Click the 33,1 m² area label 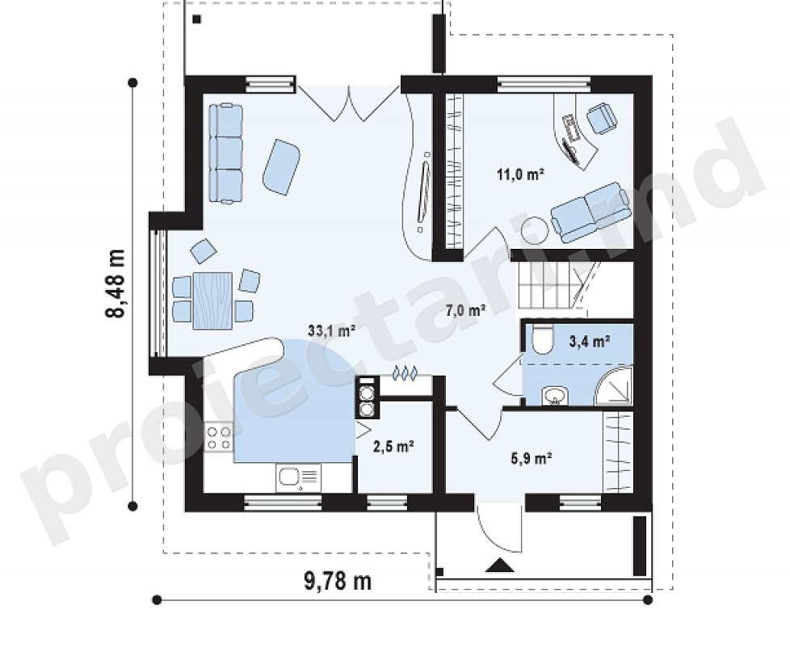[x=332, y=331]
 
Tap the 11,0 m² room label [x=520, y=175]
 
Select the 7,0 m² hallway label [x=465, y=310]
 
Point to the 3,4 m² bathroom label [x=590, y=342]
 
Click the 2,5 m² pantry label [x=393, y=446]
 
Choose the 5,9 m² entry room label [x=532, y=459]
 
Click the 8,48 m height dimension [x=116, y=283]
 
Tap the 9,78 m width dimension [x=338, y=581]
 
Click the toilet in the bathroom [x=542, y=339]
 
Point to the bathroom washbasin [x=555, y=396]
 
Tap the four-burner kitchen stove [x=219, y=437]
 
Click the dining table [x=212, y=301]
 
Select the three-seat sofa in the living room [x=225, y=153]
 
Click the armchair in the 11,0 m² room [x=602, y=118]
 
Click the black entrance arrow [x=500, y=566]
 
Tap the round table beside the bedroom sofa [x=534, y=229]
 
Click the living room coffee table [x=281, y=166]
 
